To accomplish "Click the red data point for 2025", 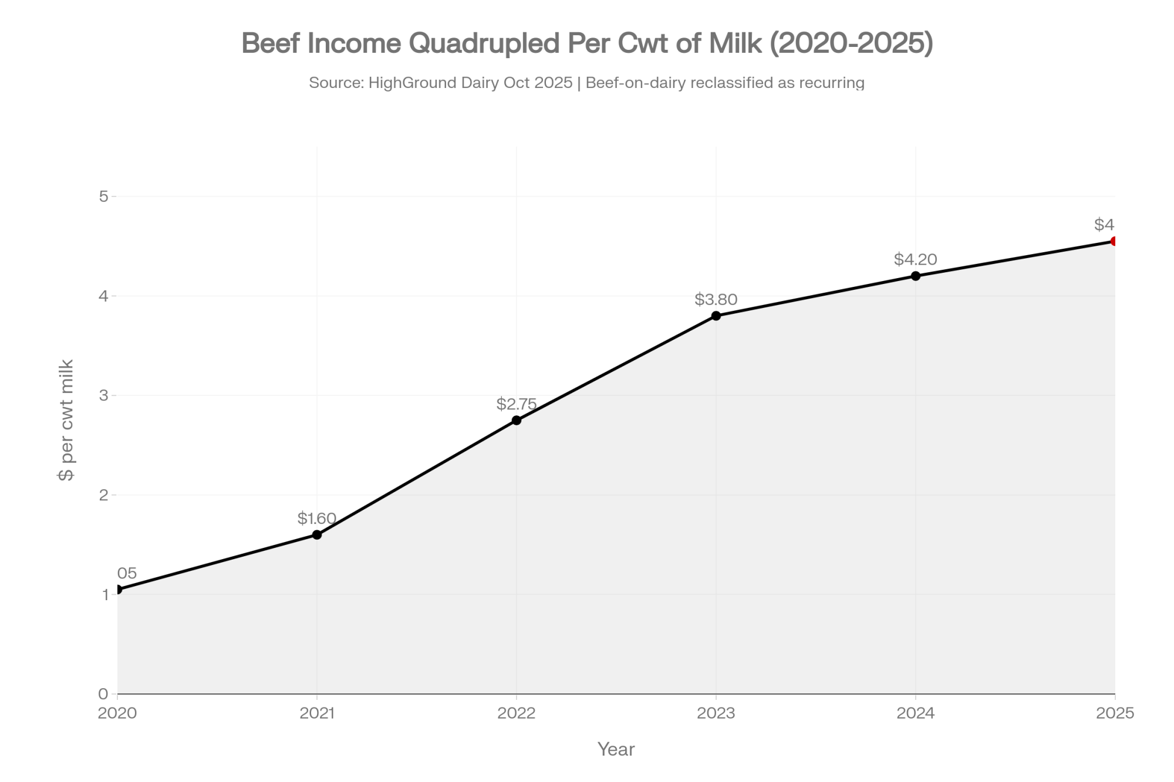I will click(1114, 241).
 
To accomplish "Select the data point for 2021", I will click(317, 534).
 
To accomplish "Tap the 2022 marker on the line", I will click(517, 420).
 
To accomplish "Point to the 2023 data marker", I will click(716, 316).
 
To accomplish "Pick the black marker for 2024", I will click(916, 276).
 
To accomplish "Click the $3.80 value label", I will click(716, 299).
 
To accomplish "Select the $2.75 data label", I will click(517, 404).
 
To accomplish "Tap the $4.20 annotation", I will click(916, 259).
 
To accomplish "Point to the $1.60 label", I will click(317, 518).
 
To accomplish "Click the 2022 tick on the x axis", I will click(517, 713).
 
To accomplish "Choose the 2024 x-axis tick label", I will click(916, 713).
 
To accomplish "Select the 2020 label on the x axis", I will click(117, 713).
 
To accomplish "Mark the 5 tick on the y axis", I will click(104, 196).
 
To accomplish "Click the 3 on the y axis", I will click(104, 395).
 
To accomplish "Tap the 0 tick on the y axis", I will click(104, 694).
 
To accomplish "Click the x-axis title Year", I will click(616, 749).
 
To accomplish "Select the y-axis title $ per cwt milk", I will click(66, 420).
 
